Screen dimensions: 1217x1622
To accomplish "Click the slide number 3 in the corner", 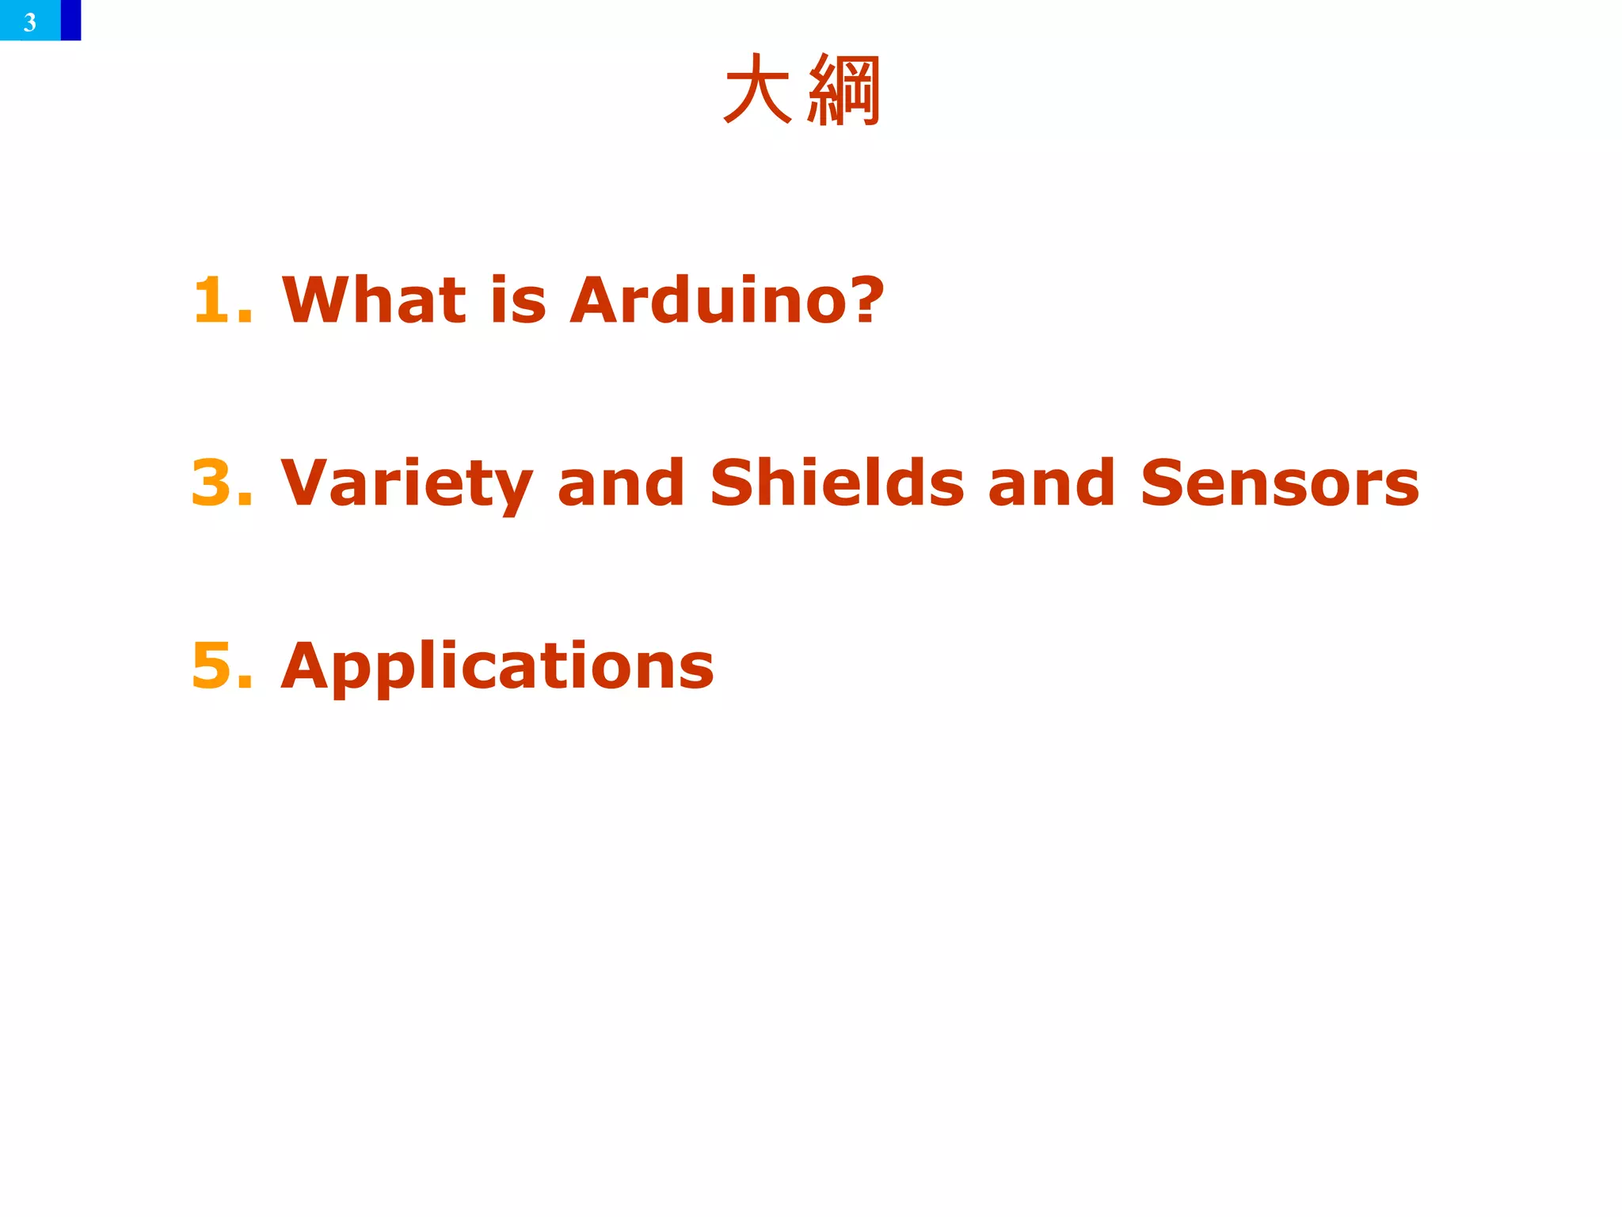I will [30, 21].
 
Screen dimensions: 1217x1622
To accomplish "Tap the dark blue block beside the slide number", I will [70, 20].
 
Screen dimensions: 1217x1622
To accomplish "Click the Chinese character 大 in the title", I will [757, 90].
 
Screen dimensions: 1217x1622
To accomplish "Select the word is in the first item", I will [519, 300].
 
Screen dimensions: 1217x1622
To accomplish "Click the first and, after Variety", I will [621, 483].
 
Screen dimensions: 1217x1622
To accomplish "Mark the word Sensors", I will [1280, 483].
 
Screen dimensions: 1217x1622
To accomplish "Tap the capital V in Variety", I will [304, 483].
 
